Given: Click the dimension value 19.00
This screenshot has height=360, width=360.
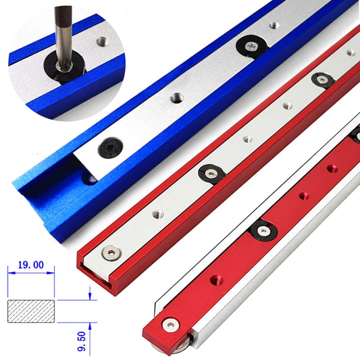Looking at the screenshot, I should [30, 267].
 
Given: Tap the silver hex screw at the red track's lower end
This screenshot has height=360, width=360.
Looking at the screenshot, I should [107, 254].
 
